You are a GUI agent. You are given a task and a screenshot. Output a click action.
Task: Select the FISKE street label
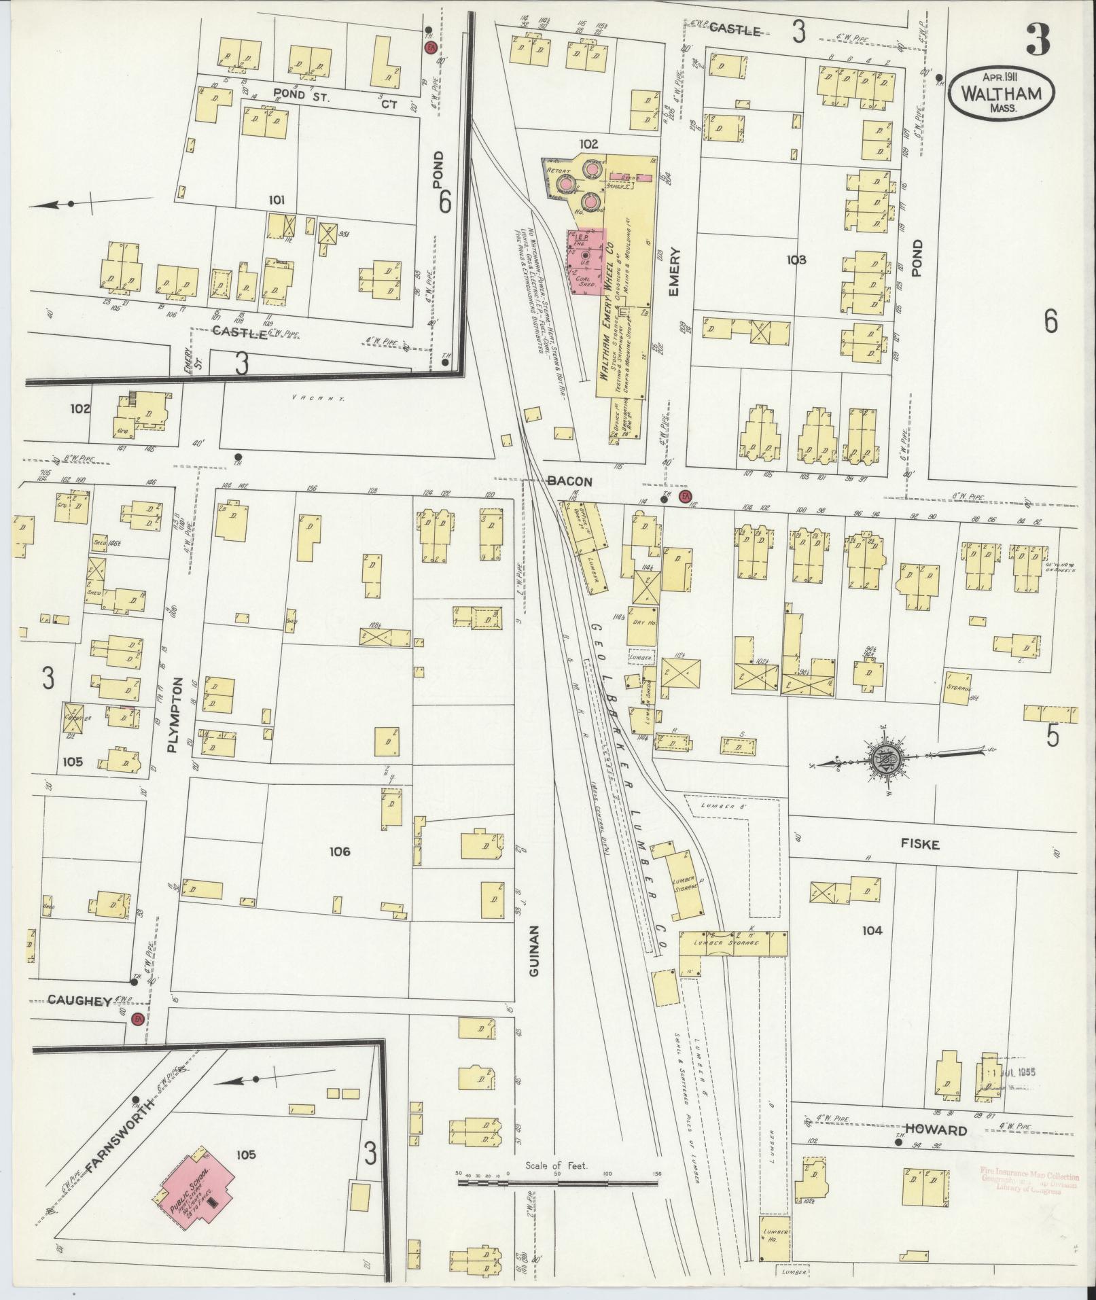(920, 845)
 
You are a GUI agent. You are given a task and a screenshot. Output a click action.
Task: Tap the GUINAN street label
(533, 950)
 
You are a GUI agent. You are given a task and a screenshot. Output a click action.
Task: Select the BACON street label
(569, 481)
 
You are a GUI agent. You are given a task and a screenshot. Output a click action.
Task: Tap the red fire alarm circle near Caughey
(138, 1020)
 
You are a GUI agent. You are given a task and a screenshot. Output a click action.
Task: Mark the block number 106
(339, 851)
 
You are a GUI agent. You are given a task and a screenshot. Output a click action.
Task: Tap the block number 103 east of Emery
(796, 260)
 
